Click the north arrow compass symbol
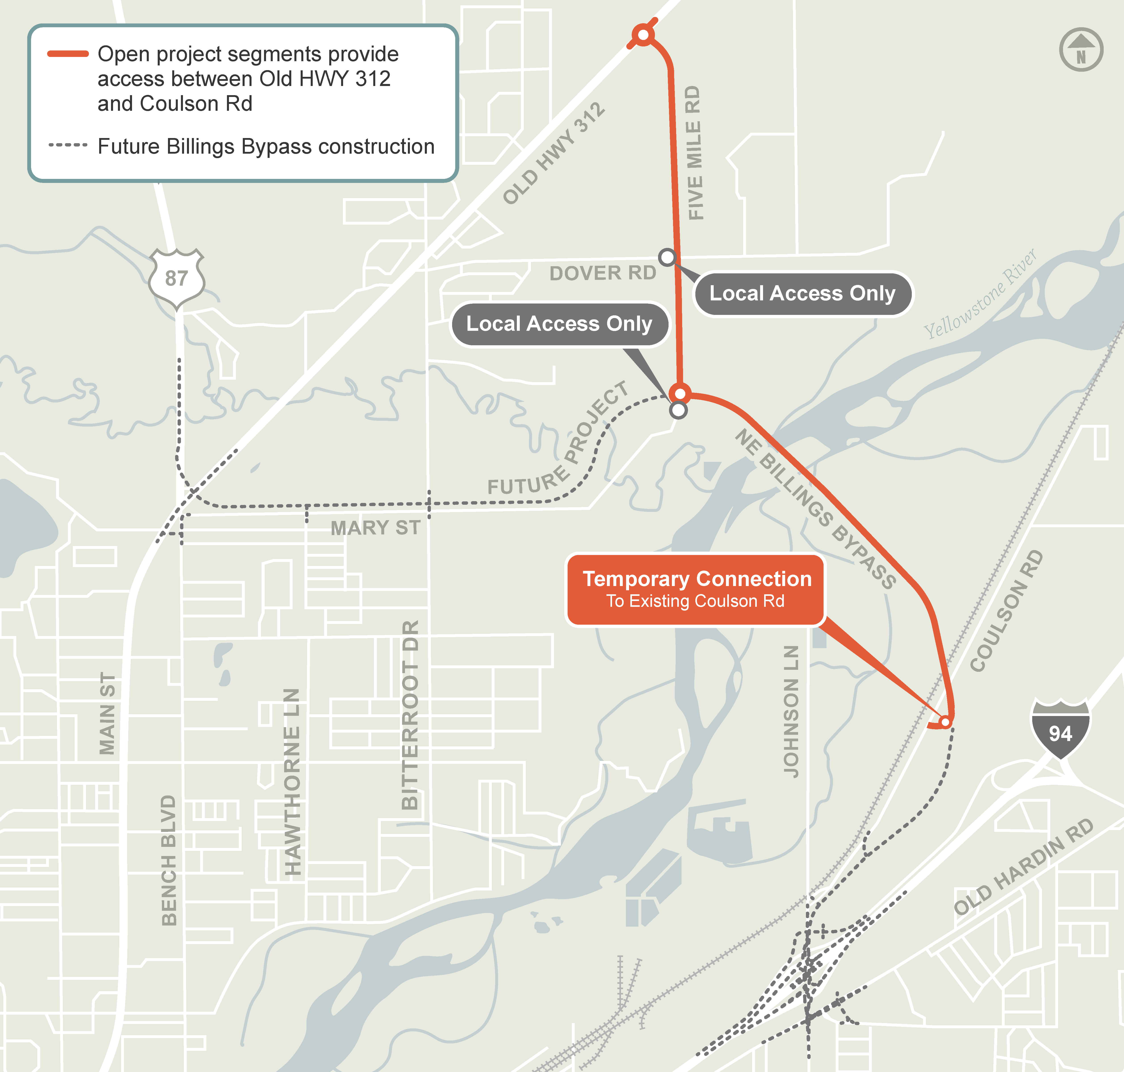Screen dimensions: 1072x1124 (x=1081, y=50)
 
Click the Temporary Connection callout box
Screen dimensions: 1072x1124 (x=695, y=589)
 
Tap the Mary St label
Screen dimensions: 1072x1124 (x=375, y=528)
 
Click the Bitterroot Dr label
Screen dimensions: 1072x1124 (x=410, y=715)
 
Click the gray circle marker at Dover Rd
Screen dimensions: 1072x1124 (x=667, y=257)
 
